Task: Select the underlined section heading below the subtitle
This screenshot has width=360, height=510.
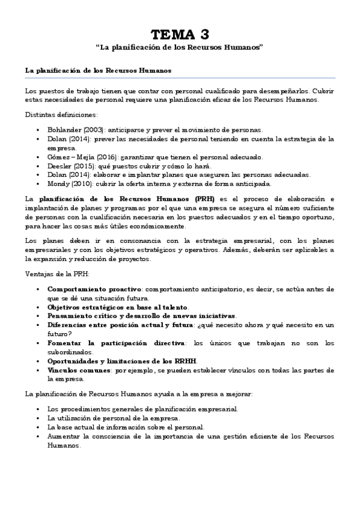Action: [99, 70]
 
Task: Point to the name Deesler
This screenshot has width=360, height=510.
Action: [60, 165]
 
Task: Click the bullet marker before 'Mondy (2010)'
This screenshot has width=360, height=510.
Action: [37, 183]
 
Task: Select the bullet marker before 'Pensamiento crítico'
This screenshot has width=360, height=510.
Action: [37, 316]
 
